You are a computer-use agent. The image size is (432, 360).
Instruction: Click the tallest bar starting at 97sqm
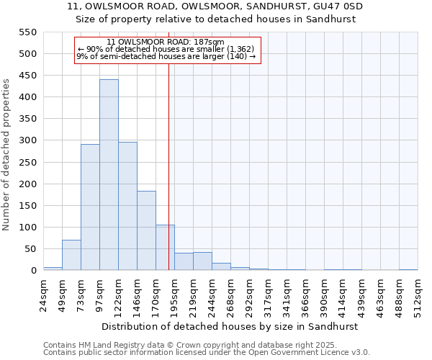point(109,175)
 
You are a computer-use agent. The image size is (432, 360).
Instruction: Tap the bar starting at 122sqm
point(127,206)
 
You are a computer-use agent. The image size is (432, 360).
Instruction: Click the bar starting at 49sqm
point(71,255)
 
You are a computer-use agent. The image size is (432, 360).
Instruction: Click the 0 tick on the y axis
point(33,271)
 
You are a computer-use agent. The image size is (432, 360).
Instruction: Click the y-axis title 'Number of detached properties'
point(6,155)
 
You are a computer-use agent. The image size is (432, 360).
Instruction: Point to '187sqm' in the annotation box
point(210,42)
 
